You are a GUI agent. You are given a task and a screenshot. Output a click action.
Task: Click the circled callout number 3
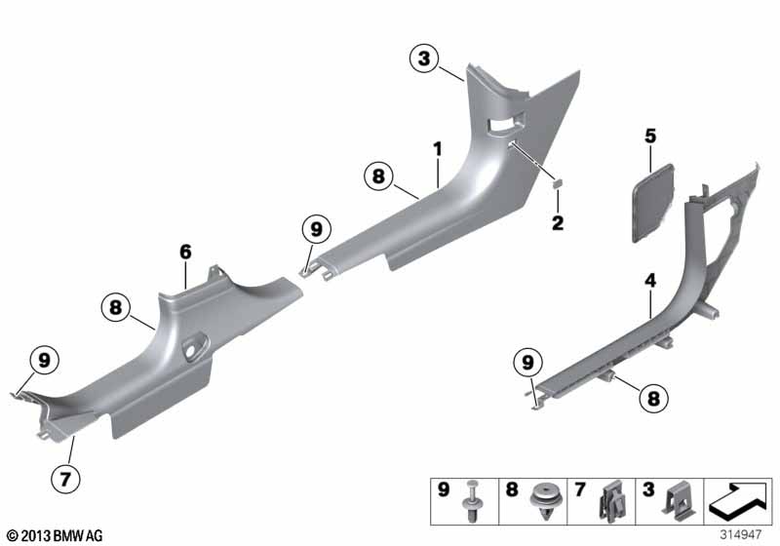[x=424, y=58]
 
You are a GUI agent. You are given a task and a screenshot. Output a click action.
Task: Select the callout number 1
[x=437, y=148]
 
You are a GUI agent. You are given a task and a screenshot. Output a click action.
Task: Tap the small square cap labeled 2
[x=558, y=183]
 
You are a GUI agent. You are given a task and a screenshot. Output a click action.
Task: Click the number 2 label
[x=558, y=222]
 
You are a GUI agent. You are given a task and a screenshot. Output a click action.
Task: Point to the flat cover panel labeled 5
[x=652, y=203]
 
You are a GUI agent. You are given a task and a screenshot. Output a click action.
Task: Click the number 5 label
[x=650, y=136]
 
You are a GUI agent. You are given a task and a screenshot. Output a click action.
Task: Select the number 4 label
[x=650, y=281]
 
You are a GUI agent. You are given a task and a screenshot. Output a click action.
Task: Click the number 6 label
[x=185, y=253]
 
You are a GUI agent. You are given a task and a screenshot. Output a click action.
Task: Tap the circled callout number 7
[x=65, y=479]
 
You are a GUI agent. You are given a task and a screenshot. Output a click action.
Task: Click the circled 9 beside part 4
[x=527, y=363]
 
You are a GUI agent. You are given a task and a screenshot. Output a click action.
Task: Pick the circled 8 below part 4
[x=653, y=398]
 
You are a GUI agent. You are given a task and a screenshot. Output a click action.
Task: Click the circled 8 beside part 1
[x=378, y=176]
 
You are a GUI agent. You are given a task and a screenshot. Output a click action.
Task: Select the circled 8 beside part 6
[x=115, y=307]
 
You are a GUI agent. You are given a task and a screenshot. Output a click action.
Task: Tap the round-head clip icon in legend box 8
[x=543, y=501]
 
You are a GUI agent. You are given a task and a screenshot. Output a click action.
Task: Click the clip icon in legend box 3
[x=679, y=502]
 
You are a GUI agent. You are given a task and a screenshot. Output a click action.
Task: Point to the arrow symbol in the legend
[x=738, y=500]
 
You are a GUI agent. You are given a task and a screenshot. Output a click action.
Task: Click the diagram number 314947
[x=741, y=535]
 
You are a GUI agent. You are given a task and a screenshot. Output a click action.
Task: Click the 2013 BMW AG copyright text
[x=55, y=536]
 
